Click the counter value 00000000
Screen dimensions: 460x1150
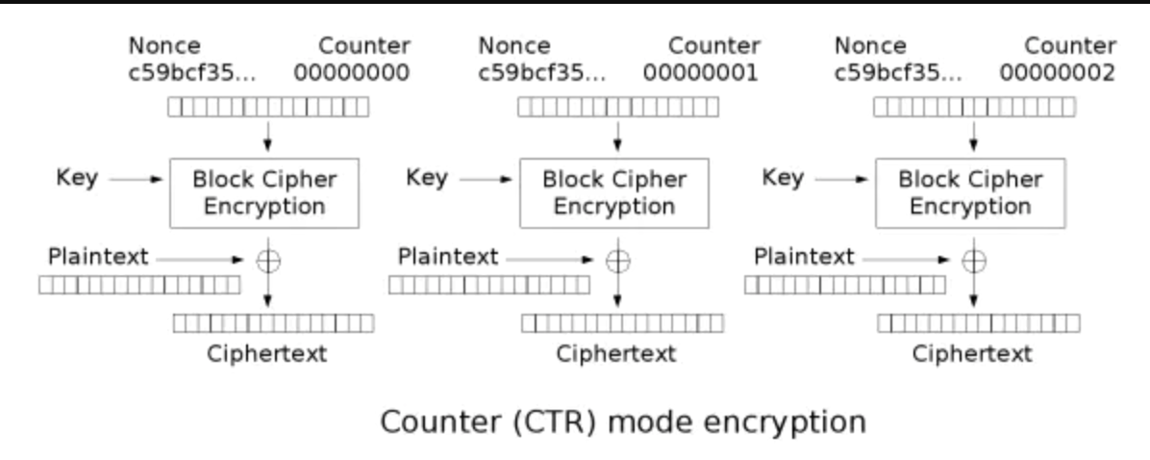coord(352,72)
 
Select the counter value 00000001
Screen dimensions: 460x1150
coord(702,72)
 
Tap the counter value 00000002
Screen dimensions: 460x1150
coord(1058,72)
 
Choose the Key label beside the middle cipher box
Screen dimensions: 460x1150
coord(426,179)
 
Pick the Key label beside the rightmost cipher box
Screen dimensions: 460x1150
coord(782,179)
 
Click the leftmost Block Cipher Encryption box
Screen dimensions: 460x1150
coord(265,192)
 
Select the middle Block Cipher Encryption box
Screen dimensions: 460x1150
coord(615,192)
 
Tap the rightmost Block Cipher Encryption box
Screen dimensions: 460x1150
coord(970,192)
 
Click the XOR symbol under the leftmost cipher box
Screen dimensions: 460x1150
coord(267,260)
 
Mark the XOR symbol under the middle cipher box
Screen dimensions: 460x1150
coord(617,260)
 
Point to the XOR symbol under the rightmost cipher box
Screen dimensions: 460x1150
coord(973,260)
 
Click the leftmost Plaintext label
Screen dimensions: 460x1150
coord(97,257)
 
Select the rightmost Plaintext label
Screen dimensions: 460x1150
coord(804,257)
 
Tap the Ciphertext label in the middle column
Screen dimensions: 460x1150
coord(616,353)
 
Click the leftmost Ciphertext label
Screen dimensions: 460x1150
coord(267,353)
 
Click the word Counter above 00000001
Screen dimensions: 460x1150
coord(714,45)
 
